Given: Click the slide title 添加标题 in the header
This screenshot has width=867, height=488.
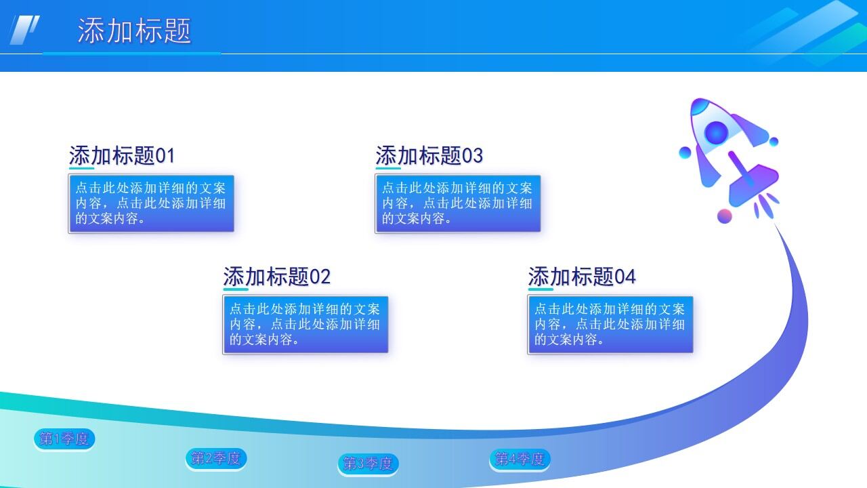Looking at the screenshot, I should click(134, 31).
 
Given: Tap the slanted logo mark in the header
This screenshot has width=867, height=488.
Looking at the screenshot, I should click(24, 30).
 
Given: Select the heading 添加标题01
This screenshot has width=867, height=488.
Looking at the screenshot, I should click(122, 156).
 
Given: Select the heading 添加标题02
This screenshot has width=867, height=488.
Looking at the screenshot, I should click(276, 277).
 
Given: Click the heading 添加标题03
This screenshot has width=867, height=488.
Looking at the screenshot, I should click(429, 156).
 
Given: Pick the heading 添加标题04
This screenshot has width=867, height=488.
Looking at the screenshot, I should click(582, 277).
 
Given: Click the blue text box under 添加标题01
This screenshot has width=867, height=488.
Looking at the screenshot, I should click(151, 203).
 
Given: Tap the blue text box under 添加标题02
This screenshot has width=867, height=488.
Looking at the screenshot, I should click(305, 325).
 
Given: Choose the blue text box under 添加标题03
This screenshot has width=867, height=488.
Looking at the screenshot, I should click(458, 203).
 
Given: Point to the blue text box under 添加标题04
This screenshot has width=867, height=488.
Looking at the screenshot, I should click(610, 325).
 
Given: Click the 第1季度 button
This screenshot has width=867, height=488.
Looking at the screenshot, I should click(64, 439).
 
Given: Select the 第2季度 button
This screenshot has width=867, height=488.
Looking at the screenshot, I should click(216, 459).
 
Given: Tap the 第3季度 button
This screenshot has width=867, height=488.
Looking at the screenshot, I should click(368, 464).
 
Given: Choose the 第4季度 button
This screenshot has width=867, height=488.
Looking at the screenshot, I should click(520, 460).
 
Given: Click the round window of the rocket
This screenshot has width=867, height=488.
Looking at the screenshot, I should click(716, 133).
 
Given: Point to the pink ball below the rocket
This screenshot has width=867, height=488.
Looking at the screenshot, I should click(725, 216).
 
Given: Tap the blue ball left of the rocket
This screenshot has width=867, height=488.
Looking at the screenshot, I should click(685, 152).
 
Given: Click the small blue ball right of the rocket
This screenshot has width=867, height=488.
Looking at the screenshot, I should click(774, 141).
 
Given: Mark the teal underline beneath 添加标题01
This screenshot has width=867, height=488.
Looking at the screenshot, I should click(82, 168).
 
